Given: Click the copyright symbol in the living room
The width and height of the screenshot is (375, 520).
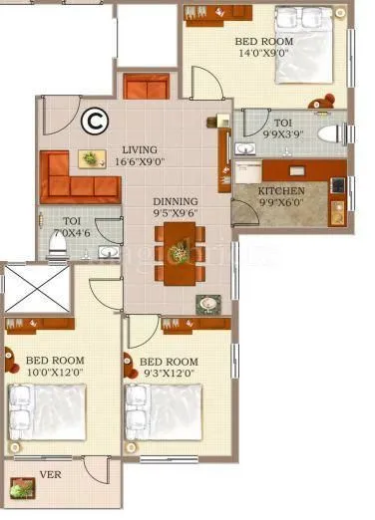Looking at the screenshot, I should (95, 121).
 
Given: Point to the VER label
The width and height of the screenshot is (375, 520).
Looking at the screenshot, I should (50, 474).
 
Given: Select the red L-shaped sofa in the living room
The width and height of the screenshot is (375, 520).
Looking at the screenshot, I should (76, 179).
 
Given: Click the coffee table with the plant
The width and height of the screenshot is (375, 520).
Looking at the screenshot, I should (93, 158).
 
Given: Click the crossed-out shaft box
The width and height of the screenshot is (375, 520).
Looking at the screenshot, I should (38, 289).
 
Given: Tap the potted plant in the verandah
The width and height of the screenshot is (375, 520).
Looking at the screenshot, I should (19, 488).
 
